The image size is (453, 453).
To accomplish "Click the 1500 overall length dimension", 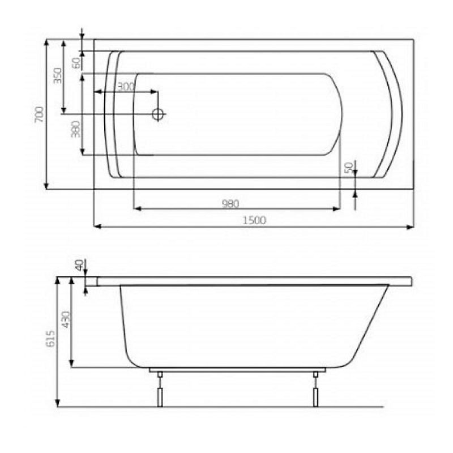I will pos(254,221).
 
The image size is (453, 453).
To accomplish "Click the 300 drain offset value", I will pos(125,86).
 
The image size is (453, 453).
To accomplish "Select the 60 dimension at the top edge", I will pos(76,62).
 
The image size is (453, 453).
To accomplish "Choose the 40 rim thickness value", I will pos(79,264).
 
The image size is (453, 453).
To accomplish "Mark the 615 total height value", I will pos(50,339).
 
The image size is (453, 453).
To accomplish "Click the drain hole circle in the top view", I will pos(159,114).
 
